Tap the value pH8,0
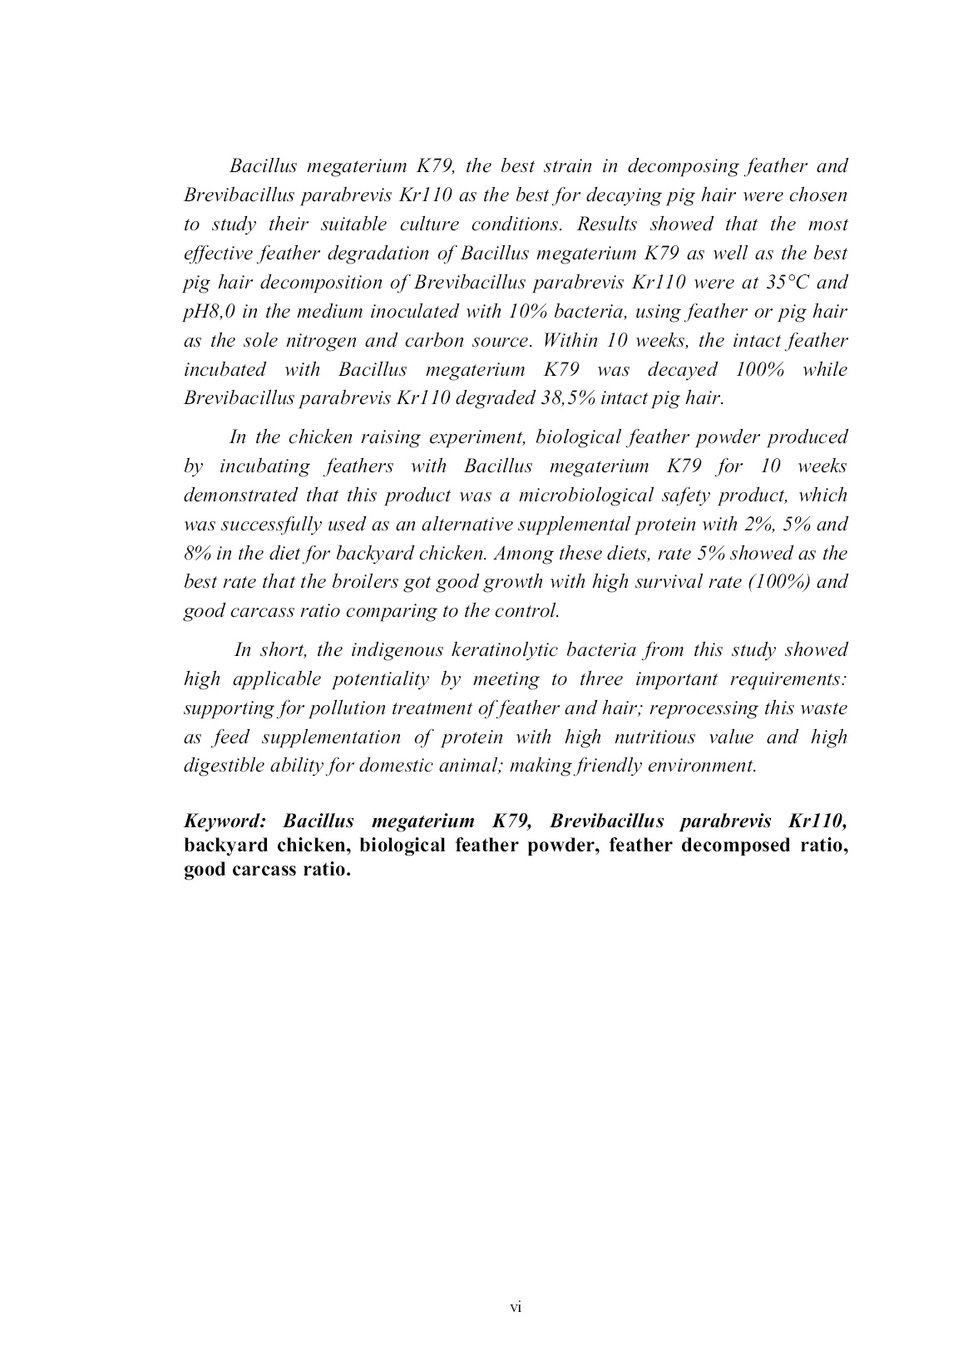[x=209, y=311]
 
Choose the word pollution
[x=364, y=708]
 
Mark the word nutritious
[x=654, y=737]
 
